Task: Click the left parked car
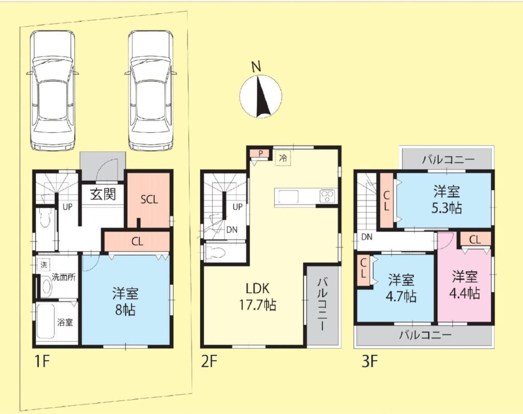click(52, 90)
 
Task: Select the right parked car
click(151, 90)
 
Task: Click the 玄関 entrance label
click(103, 194)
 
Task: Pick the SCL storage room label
click(149, 200)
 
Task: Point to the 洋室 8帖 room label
click(126, 302)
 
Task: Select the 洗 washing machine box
click(44, 265)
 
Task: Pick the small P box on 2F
click(261, 153)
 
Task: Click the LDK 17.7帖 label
click(257, 296)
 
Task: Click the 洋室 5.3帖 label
click(447, 200)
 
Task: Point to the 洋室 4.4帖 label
click(465, 285)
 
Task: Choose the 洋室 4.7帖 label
click(401, 287)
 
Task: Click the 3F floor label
click(370, 361)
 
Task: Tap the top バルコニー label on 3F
click(448, 159)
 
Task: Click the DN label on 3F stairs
click(367, 237)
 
